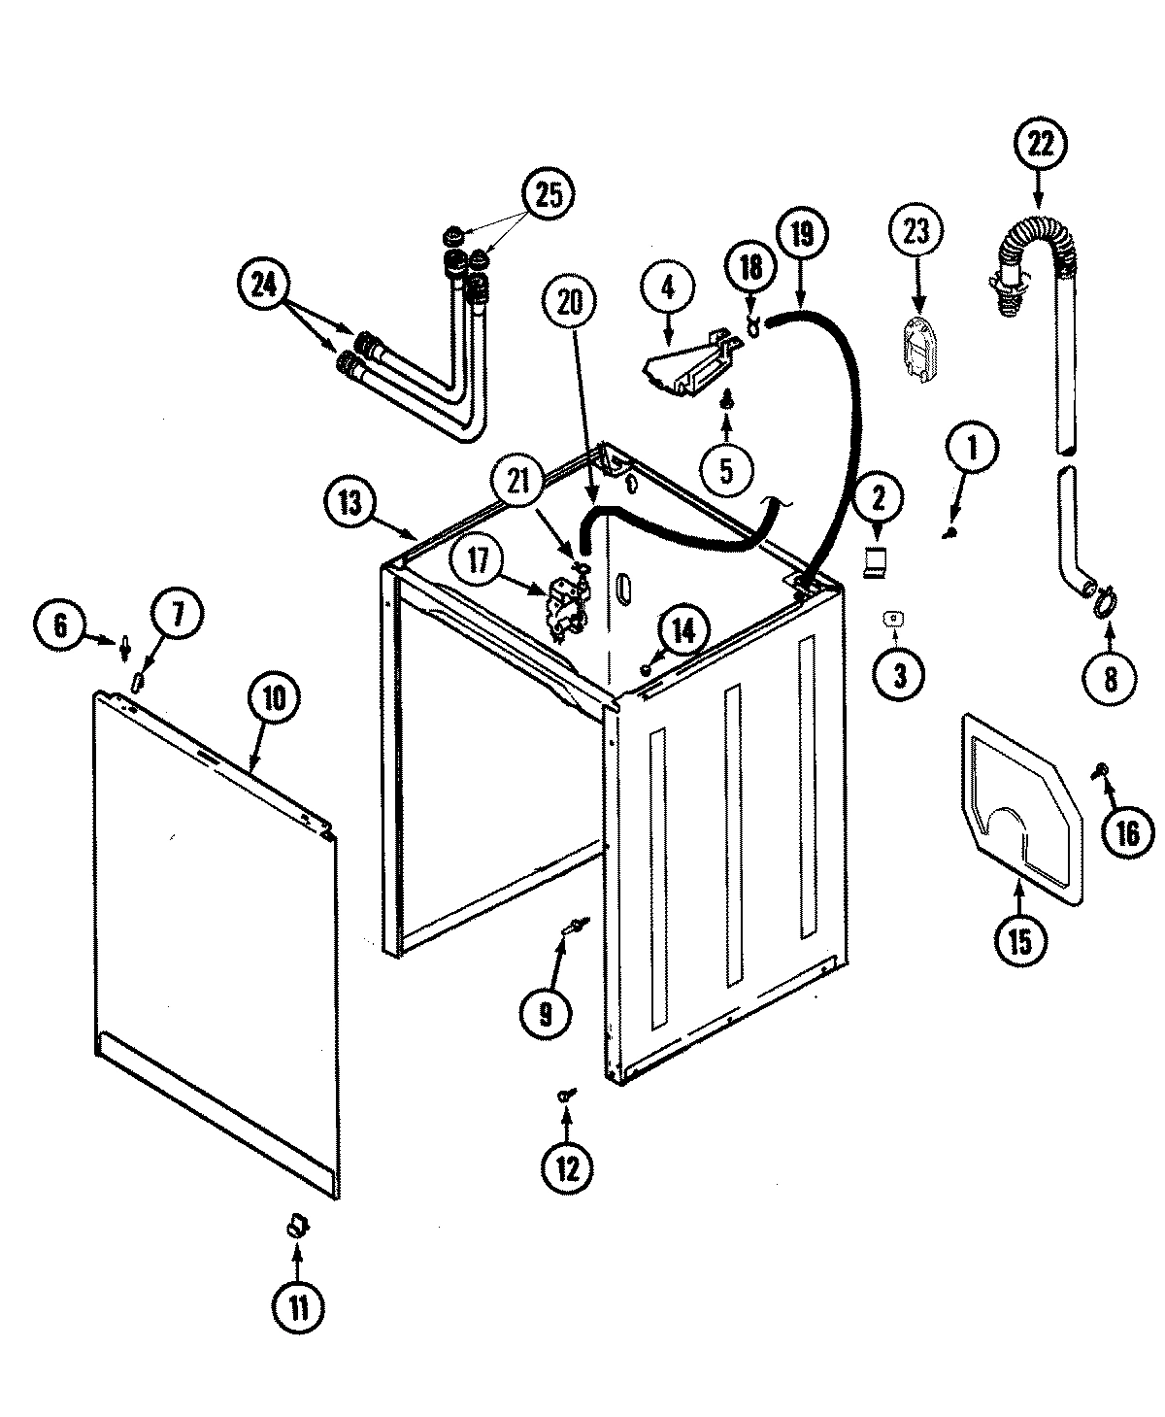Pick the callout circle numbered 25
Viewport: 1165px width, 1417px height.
click(x=548, y=194)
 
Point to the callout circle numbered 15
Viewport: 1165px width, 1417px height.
click(x=1019, y=939)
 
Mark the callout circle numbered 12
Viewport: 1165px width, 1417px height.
click(x=567, y=1168)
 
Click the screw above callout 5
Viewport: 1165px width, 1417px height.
click(x=726, y=397)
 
